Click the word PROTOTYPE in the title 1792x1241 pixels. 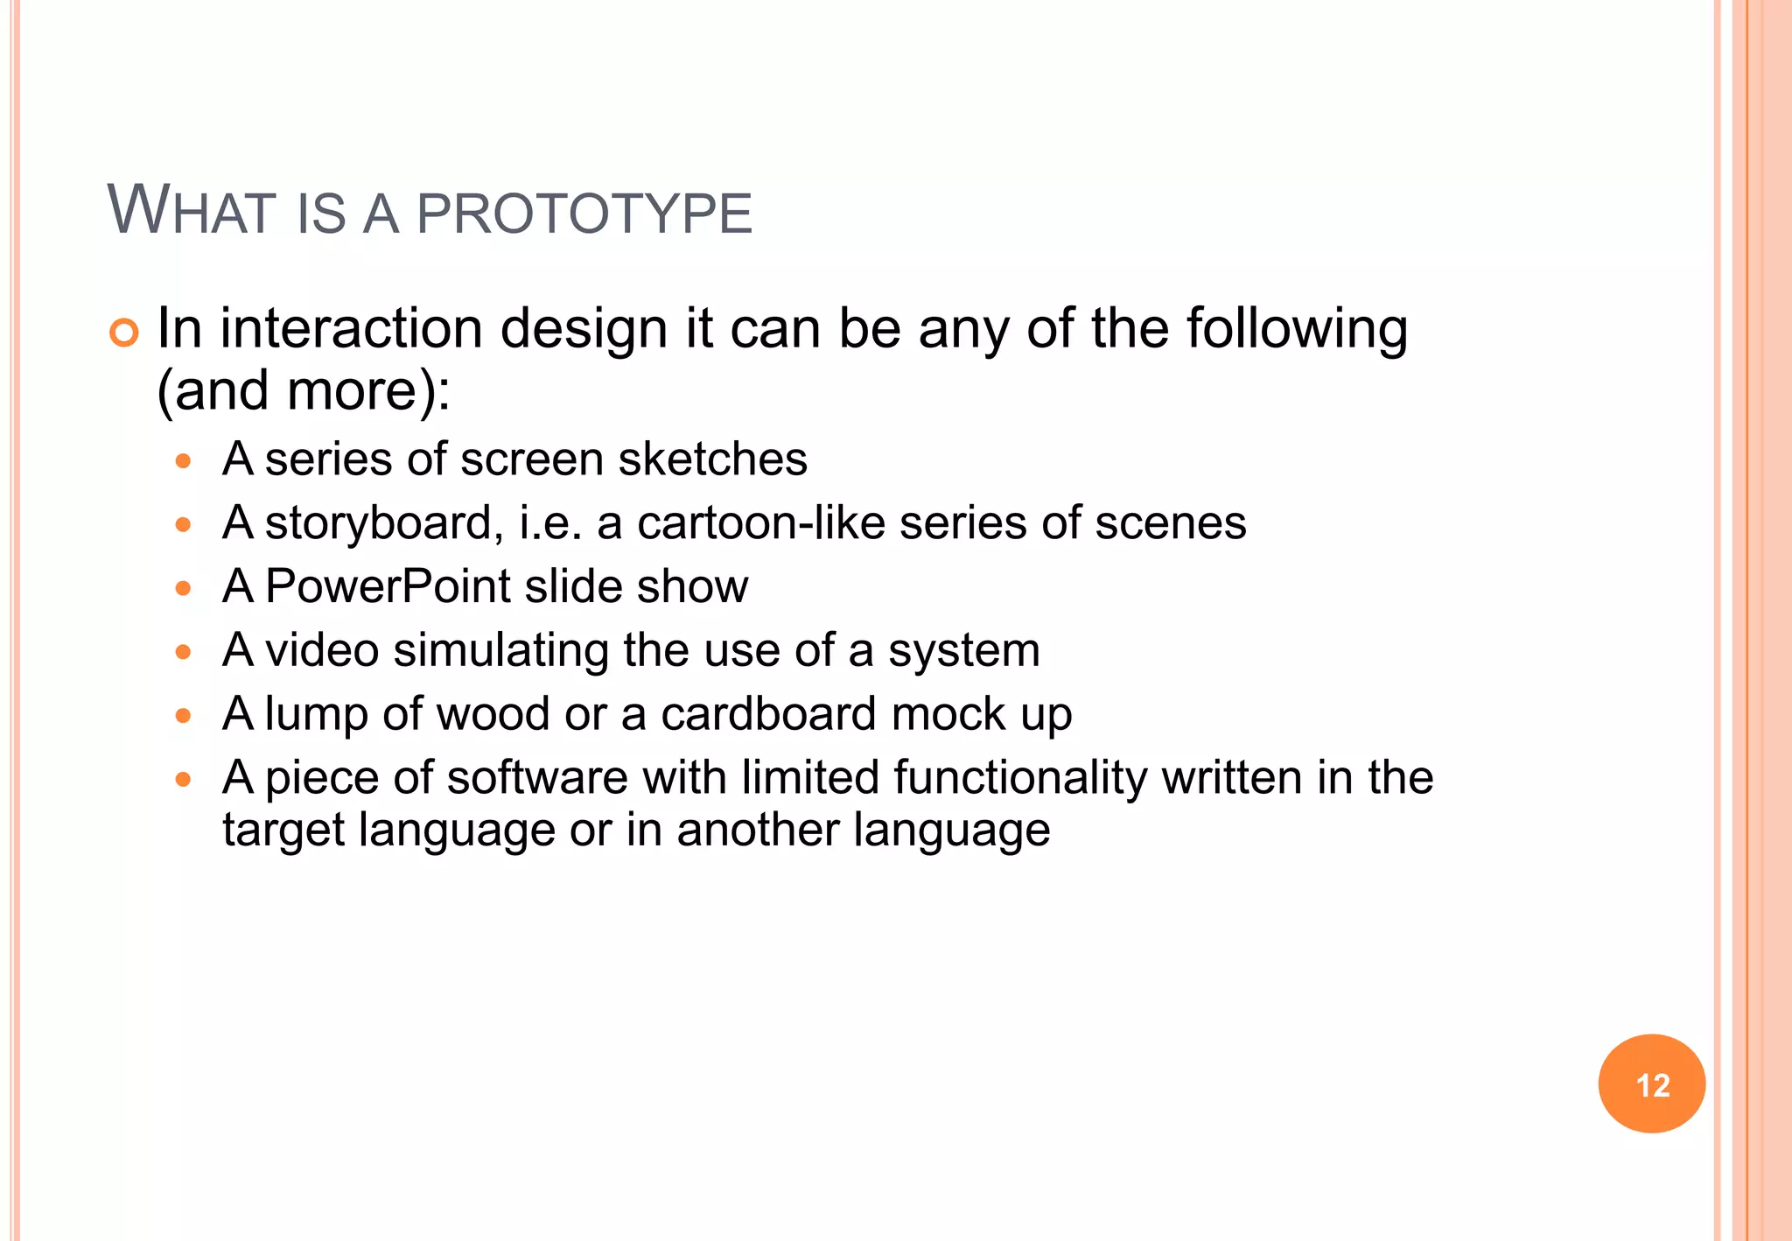click(584, 214)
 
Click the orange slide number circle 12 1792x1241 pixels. click(1651, 1084)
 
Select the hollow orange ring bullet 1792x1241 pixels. click(124, 333)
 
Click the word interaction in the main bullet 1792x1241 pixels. click(351, 329)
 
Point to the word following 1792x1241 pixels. click(1297, 331)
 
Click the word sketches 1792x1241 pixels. click(712, 459)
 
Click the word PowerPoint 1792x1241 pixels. click(388, 586)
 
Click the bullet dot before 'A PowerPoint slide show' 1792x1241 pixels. click(183, 588)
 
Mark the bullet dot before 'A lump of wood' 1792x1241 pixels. click(183, 716)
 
